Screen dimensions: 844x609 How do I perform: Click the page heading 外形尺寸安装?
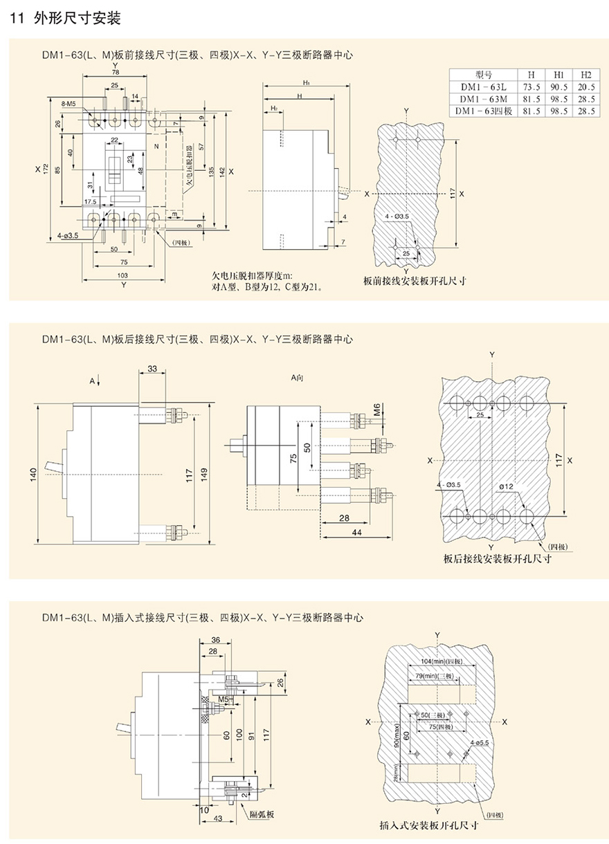[76, 18]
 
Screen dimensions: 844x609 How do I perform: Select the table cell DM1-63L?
[483, 87]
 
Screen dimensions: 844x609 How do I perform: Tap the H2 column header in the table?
[585, 75]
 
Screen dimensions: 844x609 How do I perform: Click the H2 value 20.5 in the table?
[585, 87]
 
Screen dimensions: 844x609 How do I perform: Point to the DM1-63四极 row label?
[483, 111]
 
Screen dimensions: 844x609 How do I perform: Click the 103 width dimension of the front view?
[123, 275]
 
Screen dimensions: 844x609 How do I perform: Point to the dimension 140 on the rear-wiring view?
[34, 475]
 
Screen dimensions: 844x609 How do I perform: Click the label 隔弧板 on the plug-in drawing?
[261, 814]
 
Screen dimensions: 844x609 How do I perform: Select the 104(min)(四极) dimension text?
[441, 662]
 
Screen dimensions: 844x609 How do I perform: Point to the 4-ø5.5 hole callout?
[479, 742]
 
